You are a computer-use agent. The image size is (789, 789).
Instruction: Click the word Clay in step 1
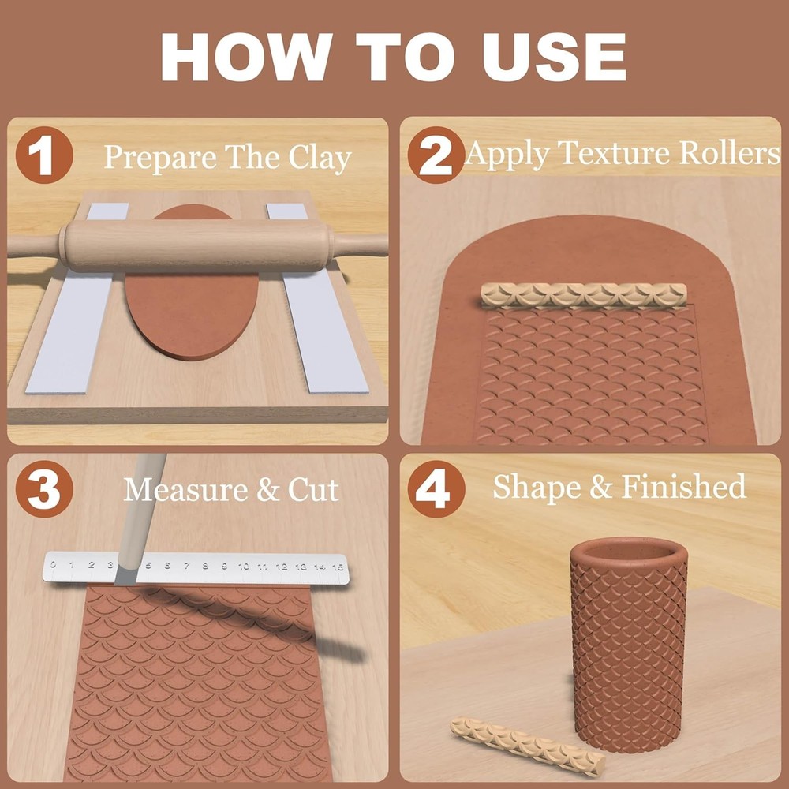point(319,158)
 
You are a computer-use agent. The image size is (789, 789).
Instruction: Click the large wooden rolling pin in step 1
point(197,246)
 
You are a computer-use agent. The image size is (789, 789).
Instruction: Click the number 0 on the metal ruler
point(53,564)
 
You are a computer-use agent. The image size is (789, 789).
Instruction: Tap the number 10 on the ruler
point(243,566)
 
